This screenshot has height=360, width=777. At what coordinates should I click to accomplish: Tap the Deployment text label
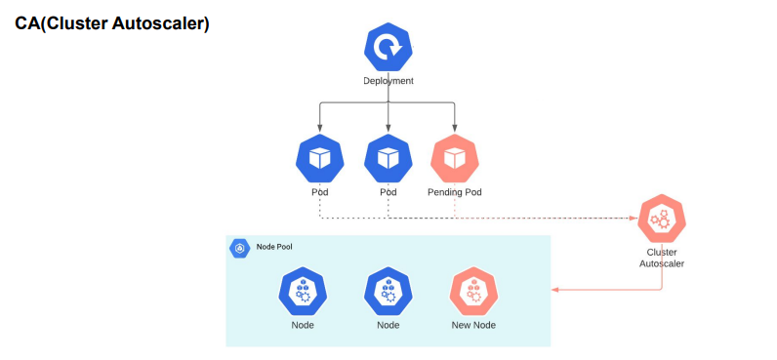388,81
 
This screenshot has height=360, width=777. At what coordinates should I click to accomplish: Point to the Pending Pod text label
455,192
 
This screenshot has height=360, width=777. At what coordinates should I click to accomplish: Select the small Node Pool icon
240,248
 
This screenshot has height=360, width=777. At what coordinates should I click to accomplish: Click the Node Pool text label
274,248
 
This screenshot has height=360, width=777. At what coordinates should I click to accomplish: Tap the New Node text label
473,325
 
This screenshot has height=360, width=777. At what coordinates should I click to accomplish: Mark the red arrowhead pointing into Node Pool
555,290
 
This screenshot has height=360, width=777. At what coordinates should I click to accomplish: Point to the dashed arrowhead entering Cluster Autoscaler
634,218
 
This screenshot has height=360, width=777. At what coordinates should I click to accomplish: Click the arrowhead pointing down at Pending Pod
455,129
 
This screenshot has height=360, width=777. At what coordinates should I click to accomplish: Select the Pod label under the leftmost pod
319,192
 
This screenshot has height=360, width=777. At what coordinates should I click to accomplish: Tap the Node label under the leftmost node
302,325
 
